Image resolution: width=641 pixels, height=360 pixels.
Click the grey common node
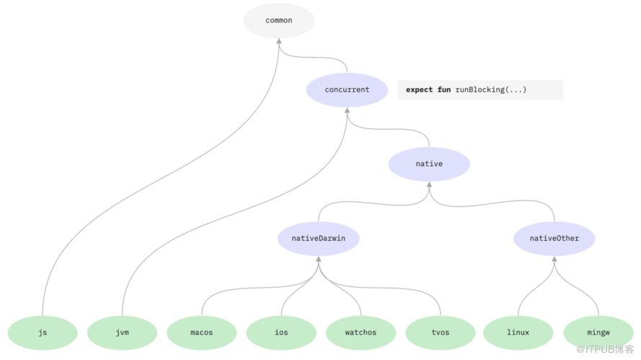click(279, 20)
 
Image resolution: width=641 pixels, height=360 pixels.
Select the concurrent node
click(347, 89)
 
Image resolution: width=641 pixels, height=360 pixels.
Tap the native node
click(429, 164)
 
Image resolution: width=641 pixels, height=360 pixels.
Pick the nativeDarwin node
click(319, 239)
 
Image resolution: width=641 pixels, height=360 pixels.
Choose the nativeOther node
click(554, 239)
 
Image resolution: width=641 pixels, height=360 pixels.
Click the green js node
click(43, 333)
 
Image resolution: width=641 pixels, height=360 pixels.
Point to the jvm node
click(123, 333)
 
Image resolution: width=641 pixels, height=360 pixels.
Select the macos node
click(202, 333)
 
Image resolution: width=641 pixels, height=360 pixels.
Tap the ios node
click(281, 333)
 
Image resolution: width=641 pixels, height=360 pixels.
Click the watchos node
click(361, 333)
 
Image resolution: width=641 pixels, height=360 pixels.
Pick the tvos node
click(441, 333)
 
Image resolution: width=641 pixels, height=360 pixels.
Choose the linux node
click(518, 333)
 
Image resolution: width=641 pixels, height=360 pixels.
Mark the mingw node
click(598, 333)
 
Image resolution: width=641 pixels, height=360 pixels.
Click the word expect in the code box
click(420, 90)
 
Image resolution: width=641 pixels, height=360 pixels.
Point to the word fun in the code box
click(444, 89)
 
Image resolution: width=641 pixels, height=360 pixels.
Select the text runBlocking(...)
click(491, 89)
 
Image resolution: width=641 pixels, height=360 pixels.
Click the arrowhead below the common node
click(279, 41)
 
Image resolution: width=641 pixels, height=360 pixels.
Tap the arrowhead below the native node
click(429, 185)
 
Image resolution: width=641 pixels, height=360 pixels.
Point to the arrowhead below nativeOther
click(554, 259)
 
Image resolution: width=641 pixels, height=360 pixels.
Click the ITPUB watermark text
click(605, 349)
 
